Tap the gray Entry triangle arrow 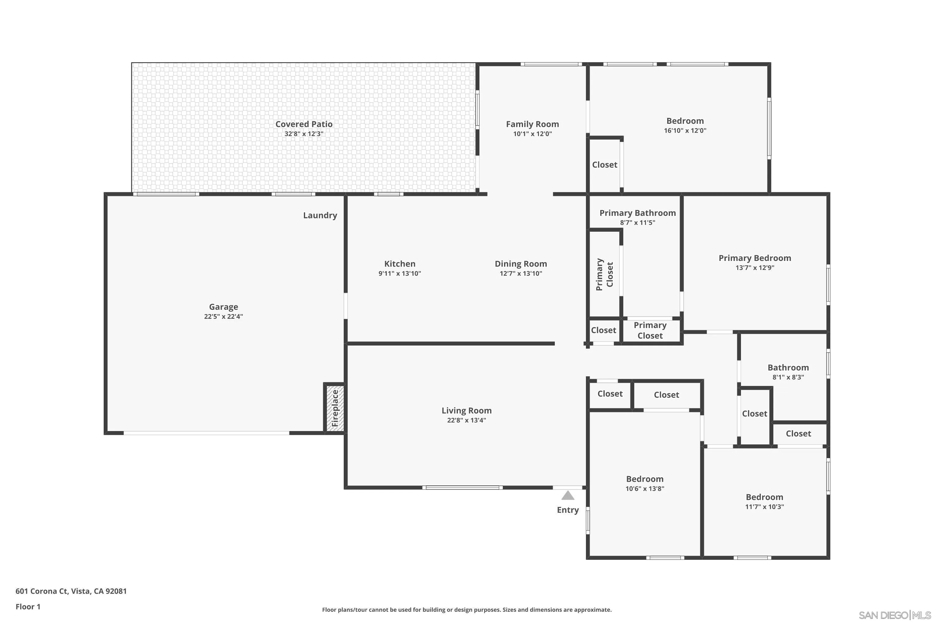tap(568, 495)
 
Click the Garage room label tap(223, 307)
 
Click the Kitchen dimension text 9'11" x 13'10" tap(399, 273)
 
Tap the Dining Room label tap(521, 264)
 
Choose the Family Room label tap(532, 124)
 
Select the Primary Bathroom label tap(637, 213)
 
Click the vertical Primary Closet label tap(604, 275)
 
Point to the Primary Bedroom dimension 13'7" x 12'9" tap(754, 268)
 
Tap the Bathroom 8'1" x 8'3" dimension tap(788, 377)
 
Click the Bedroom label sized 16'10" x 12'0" tap(685, 121)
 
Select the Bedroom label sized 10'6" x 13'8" tap(644, 479)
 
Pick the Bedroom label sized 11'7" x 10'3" tap(764, 497)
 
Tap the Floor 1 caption tap(28, 606)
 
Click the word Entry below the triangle tap(568, 510)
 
